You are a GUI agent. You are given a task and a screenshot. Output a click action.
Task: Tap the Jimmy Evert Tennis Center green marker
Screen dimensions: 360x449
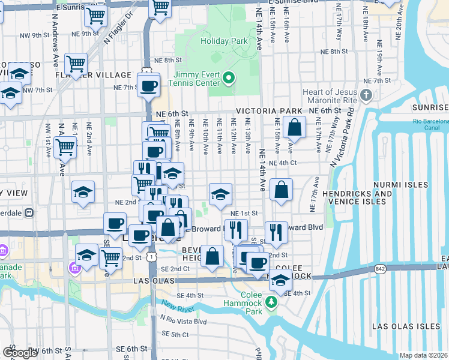tap(228, 79)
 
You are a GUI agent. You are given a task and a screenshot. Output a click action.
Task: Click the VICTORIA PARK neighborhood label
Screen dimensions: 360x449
tap(269, 112)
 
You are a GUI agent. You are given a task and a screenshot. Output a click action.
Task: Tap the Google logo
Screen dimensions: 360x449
tap(20, 352)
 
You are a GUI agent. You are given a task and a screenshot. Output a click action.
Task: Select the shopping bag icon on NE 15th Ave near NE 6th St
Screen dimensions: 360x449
tap(295, 128)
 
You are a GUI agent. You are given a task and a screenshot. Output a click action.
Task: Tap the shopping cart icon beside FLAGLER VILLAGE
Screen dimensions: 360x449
tap(76, 64)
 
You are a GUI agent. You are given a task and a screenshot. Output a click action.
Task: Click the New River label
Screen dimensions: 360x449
tap(178, 308)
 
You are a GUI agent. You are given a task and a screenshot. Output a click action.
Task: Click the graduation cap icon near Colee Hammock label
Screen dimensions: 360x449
tap(280, 280)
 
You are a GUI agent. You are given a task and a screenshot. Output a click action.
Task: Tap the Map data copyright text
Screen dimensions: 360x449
tap(424, 355)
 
